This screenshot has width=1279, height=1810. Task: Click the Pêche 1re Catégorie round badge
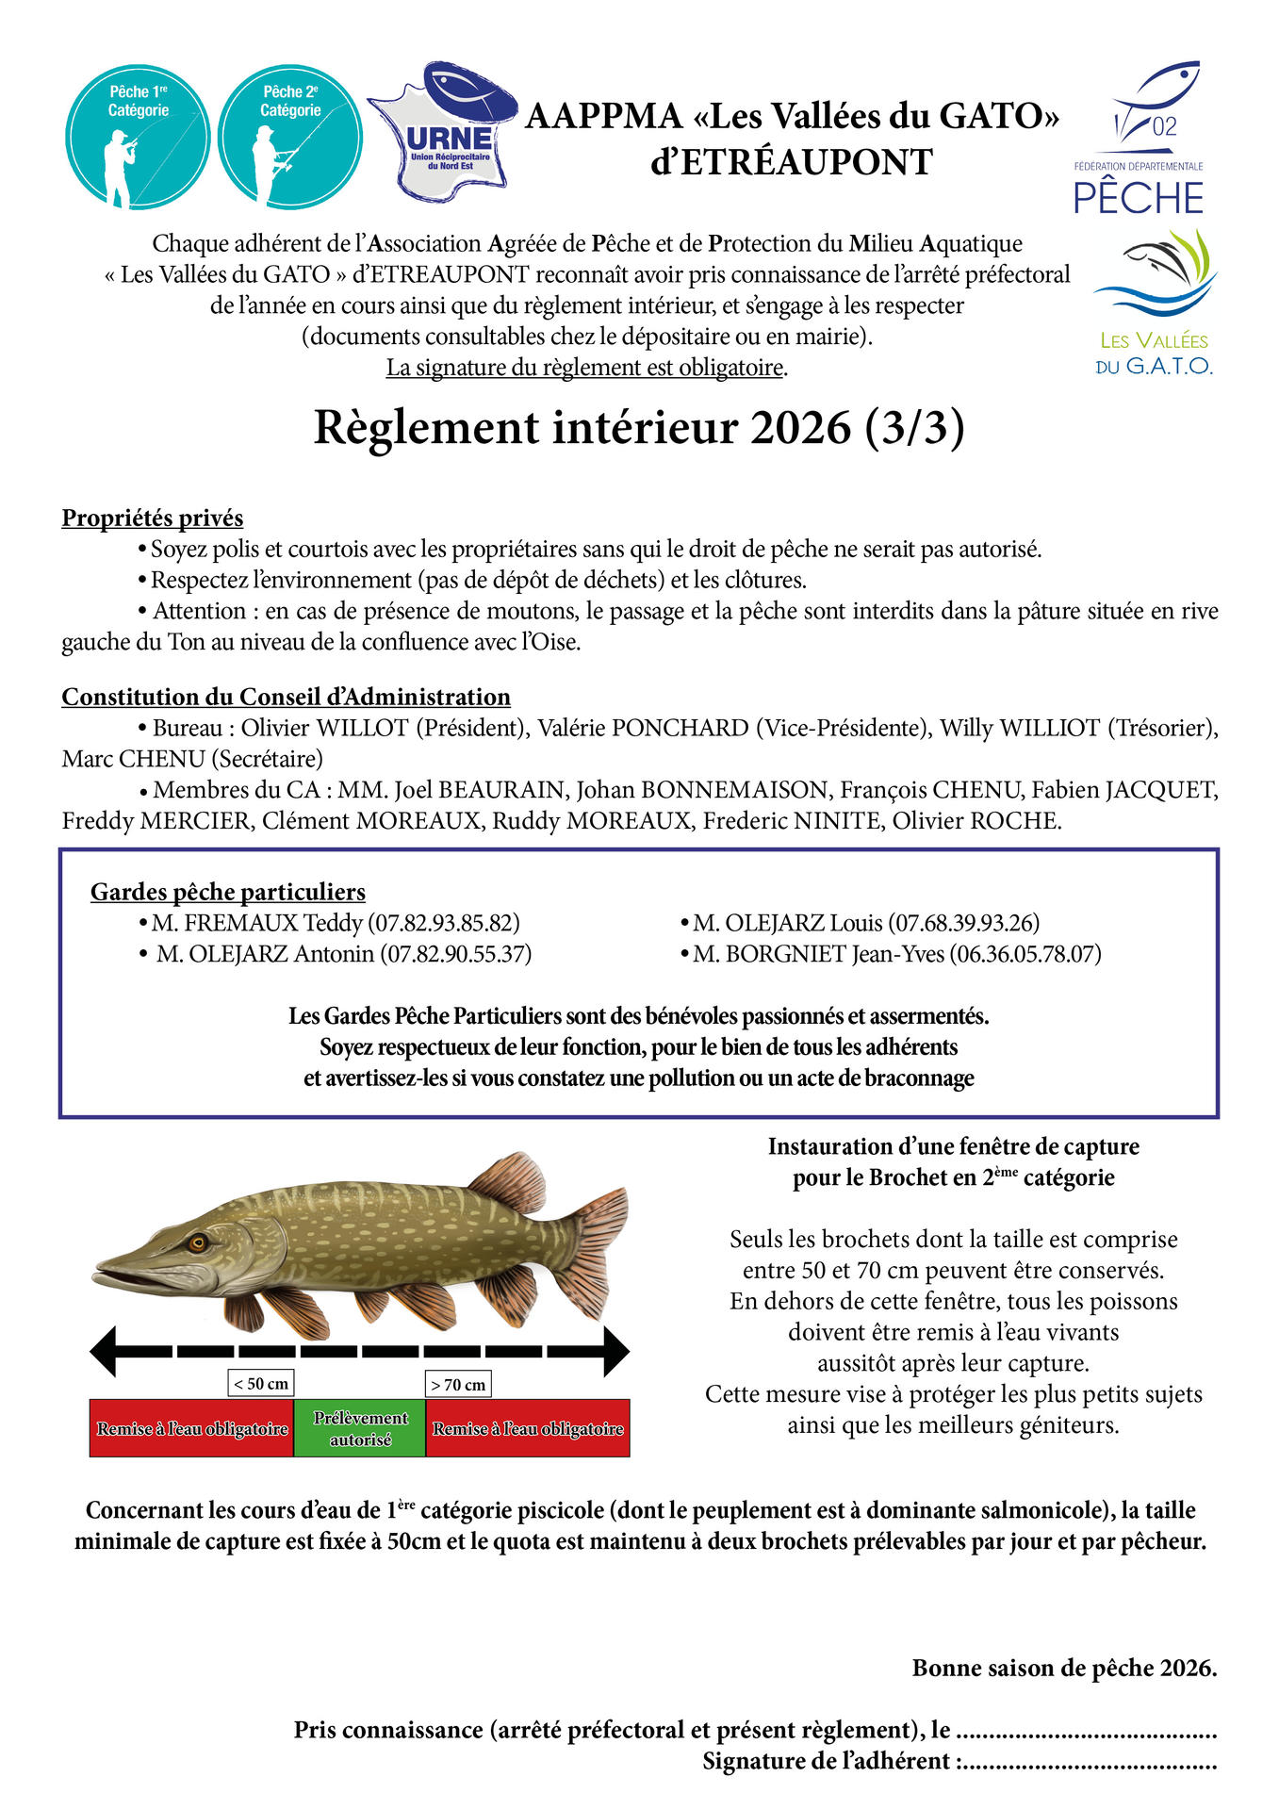tap(138, 138)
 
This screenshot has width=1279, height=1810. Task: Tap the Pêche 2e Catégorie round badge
tap(290, 138)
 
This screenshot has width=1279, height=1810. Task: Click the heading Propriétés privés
tap(153, 518)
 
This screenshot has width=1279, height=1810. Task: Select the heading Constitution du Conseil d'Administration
tap(286, 697)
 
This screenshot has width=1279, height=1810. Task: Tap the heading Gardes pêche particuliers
tap(228, 892)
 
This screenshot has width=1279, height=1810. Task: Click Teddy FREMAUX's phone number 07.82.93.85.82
tap(444, 923)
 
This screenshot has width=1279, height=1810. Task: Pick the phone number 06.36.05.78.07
tap(1025, 954)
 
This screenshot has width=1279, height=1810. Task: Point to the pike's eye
tap(198, 1242)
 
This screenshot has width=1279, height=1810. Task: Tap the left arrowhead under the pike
tap(104, 1351)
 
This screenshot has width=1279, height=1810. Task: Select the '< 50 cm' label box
tap(261, 1383)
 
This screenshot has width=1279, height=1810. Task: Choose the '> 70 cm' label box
tap(458, 1384)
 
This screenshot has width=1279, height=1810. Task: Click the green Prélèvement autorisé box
tap(360, 1428)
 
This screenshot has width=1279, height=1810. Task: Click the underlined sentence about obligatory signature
tap(586, 368)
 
